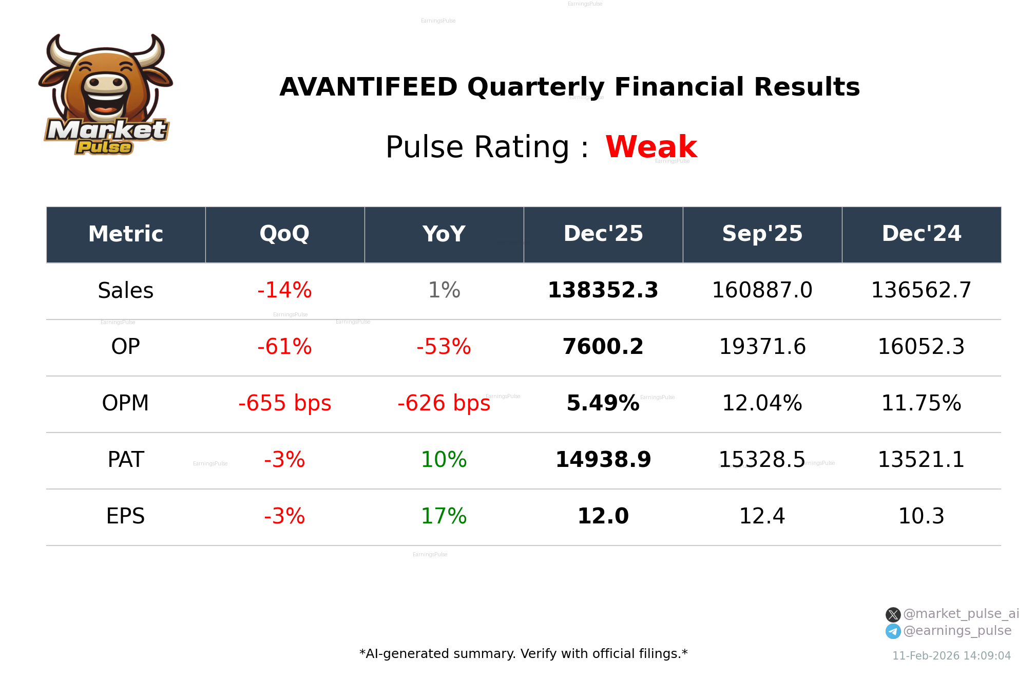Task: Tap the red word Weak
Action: point(650,147)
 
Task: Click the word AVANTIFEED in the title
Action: point(368,87)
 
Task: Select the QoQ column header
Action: point(284,234)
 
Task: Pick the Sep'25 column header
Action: point(762,234)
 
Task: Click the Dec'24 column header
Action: point(921,234)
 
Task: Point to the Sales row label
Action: point(125,291)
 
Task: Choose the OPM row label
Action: point(125,403)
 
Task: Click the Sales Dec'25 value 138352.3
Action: point(603,290)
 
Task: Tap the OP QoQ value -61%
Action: point(284,347)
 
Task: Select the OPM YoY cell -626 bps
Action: point(444,403)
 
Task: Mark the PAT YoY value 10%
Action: point(444,460)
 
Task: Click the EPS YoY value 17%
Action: point(444,516)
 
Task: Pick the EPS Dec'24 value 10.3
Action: point(921,516)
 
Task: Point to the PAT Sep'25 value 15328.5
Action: point(762,460)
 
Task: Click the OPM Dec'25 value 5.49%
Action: point(603,403)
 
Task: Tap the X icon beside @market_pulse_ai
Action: point(893,614)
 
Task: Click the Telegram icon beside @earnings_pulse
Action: point(893,631)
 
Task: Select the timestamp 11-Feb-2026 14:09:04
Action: point(951,656)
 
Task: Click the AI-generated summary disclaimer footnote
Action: point(523,654)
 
